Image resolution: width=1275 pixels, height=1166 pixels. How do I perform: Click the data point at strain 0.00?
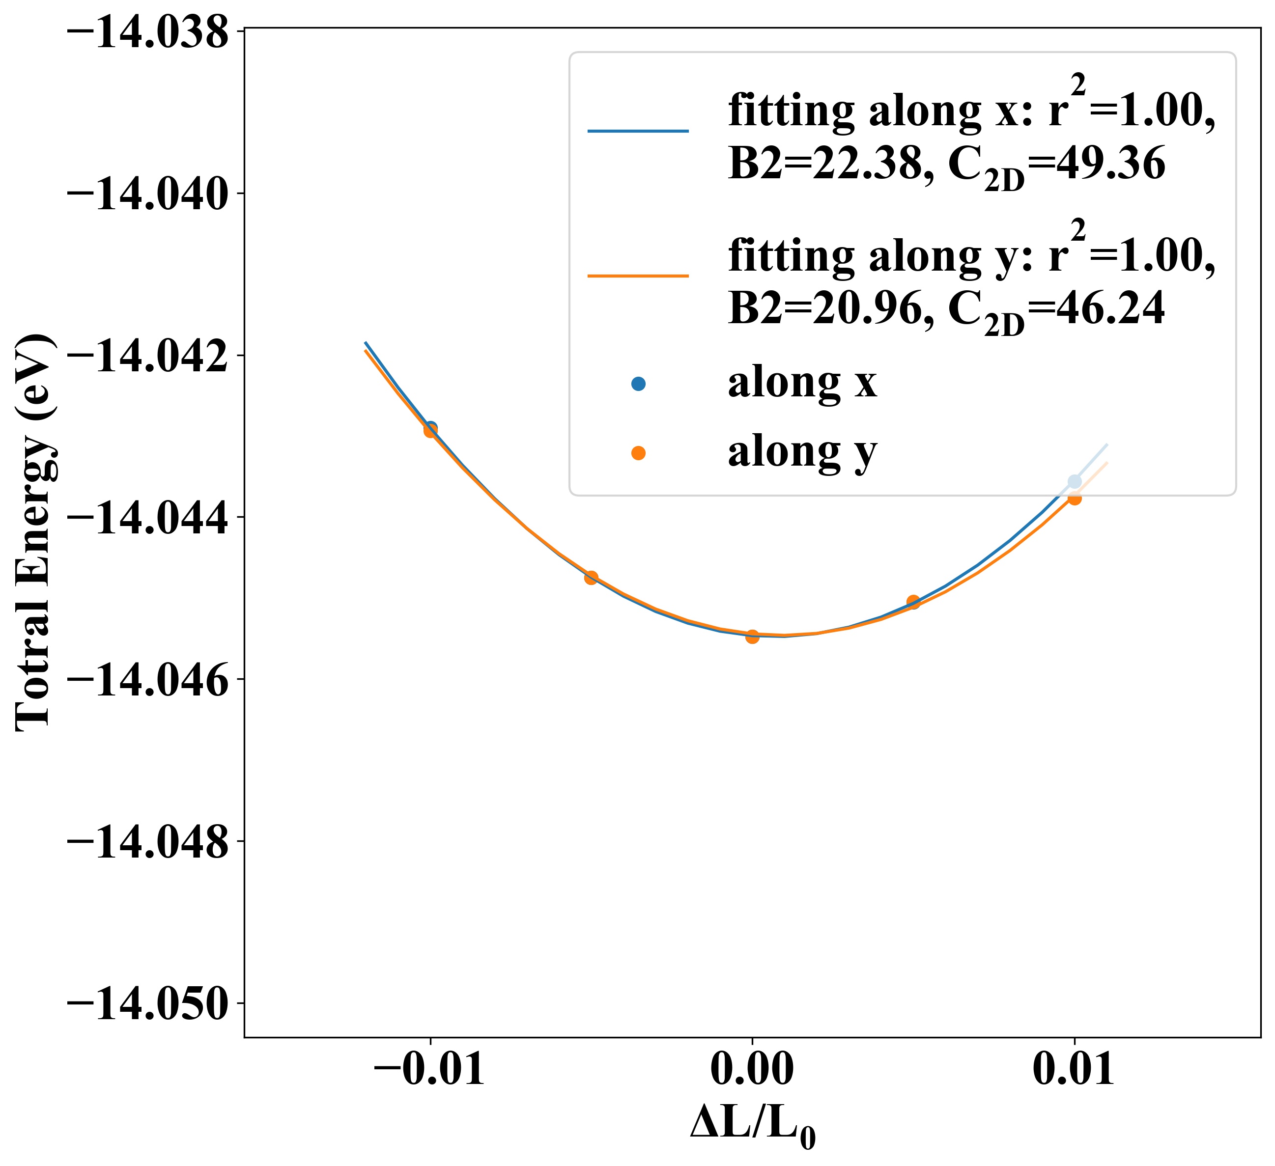[x=752, y=637]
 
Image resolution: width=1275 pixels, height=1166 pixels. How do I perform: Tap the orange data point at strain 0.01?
[x=1074, y=498]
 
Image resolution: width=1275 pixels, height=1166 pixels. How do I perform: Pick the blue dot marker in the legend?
[x=638, y=384]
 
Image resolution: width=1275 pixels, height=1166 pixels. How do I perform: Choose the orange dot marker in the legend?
[x=638, y=453]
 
